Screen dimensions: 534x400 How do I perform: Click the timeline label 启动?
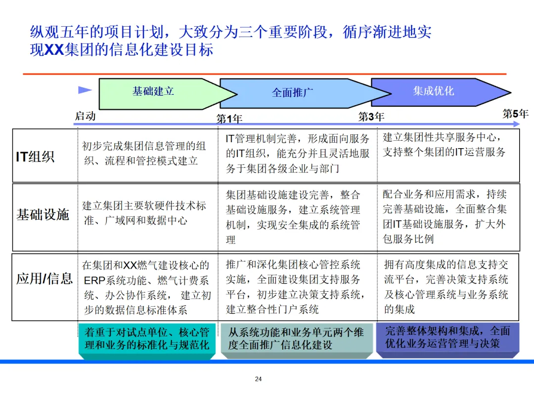click(85, 116)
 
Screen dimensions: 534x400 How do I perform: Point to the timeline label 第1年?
click(229, 119)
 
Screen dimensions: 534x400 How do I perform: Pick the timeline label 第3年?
click(371, 117)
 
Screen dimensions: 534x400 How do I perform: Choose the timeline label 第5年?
click(515, 114)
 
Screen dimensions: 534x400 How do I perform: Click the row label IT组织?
click(36, 157)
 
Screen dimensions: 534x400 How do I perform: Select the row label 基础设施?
click(43, 215)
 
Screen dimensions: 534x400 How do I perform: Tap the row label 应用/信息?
click(44, 279)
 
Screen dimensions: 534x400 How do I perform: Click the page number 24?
click(258, 379)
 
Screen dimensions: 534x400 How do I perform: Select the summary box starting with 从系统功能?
click(296, 339)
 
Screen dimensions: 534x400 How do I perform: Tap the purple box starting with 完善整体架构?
click(447, 338)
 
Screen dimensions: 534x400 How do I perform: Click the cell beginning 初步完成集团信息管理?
click(144, 154)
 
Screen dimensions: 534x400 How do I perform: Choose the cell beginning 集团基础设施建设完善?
click(294, 217)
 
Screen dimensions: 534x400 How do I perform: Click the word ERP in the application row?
click(94, 281)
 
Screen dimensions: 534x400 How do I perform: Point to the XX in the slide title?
click(54, 50)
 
